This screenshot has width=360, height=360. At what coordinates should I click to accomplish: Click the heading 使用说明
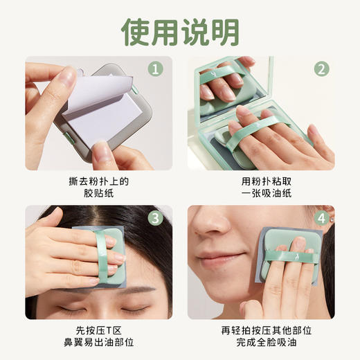[x=180, y=31]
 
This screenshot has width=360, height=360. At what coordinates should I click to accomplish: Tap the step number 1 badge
[x=156, y=69]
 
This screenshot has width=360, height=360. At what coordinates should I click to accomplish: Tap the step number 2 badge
[x=321, y=69]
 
